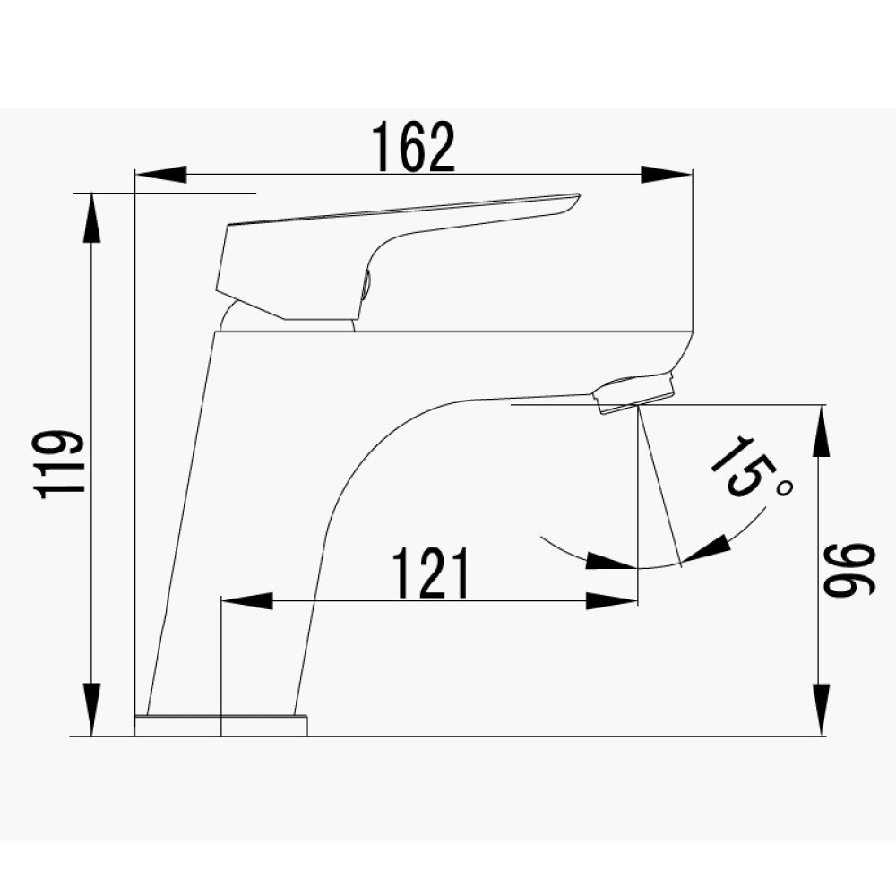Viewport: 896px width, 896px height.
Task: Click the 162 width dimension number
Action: point(414,147)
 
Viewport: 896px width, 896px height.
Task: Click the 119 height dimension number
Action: point(59,464)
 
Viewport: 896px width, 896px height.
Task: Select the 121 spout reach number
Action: point(431,573)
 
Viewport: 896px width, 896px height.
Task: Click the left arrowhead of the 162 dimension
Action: point(161,175)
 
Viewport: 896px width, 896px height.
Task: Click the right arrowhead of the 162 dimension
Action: point(667,175)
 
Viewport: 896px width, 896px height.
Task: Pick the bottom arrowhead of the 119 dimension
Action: point(91,709)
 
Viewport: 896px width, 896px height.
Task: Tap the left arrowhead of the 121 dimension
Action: point(247,601)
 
